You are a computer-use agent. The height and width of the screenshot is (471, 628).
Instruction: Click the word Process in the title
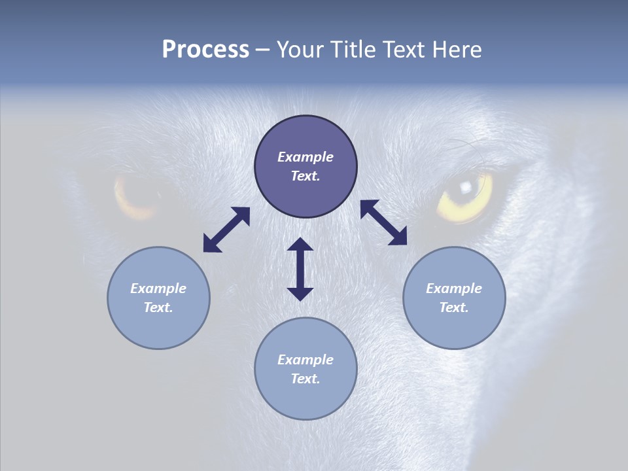pos(205,50)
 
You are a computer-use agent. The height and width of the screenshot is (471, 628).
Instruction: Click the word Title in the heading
pos(347,50)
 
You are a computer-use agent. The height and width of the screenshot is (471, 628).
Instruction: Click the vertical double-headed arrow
pos(300,269)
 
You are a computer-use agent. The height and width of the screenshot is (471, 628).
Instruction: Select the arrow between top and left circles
pos(226,230)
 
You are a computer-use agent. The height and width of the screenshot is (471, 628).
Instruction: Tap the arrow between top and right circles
pos(384,222)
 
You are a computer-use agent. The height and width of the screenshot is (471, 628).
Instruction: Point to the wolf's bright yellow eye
pos(466,194)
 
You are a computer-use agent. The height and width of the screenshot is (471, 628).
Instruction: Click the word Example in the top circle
pos(305,157)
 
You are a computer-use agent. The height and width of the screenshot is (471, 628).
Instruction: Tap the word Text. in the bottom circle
pos(305,379)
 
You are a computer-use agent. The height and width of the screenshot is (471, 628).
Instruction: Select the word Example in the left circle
pos(158,288)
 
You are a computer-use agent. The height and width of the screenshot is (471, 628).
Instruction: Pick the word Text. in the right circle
pos(454,307)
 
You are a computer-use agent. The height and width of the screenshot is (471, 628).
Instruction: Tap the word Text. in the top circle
pos(305,176)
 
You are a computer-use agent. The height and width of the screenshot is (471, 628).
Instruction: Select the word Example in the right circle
pos(454,288)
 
